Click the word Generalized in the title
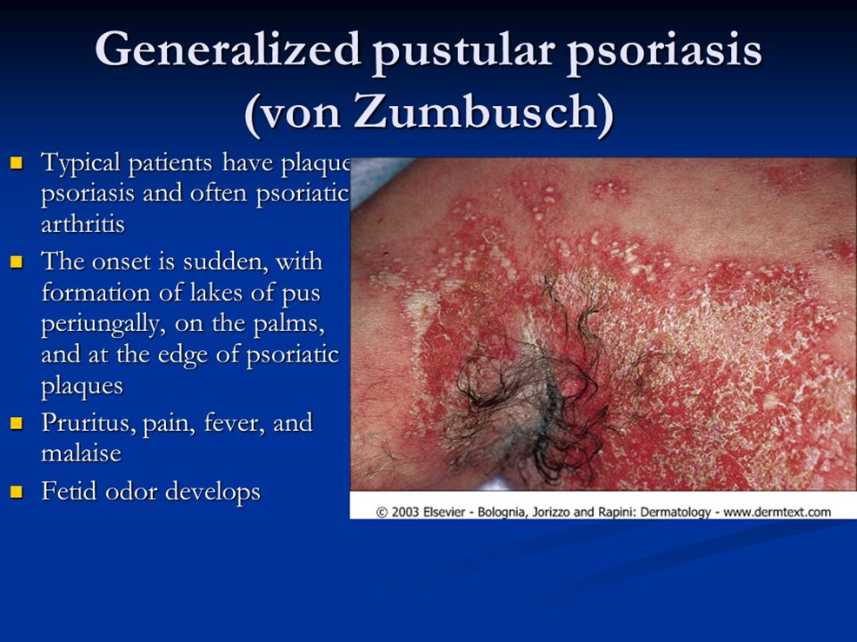tap(228, 50)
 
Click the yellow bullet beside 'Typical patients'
tap(17, 162)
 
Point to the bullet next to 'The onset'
tap(17, 261)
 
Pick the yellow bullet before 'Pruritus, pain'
tap(17, 422)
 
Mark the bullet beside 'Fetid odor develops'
tap(17, 491)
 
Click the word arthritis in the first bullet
tap(83, 224)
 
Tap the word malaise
tap(81, 453)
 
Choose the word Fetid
tap(69, 491)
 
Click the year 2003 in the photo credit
tap(405, 513)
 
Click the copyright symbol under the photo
tap(382, 513)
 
